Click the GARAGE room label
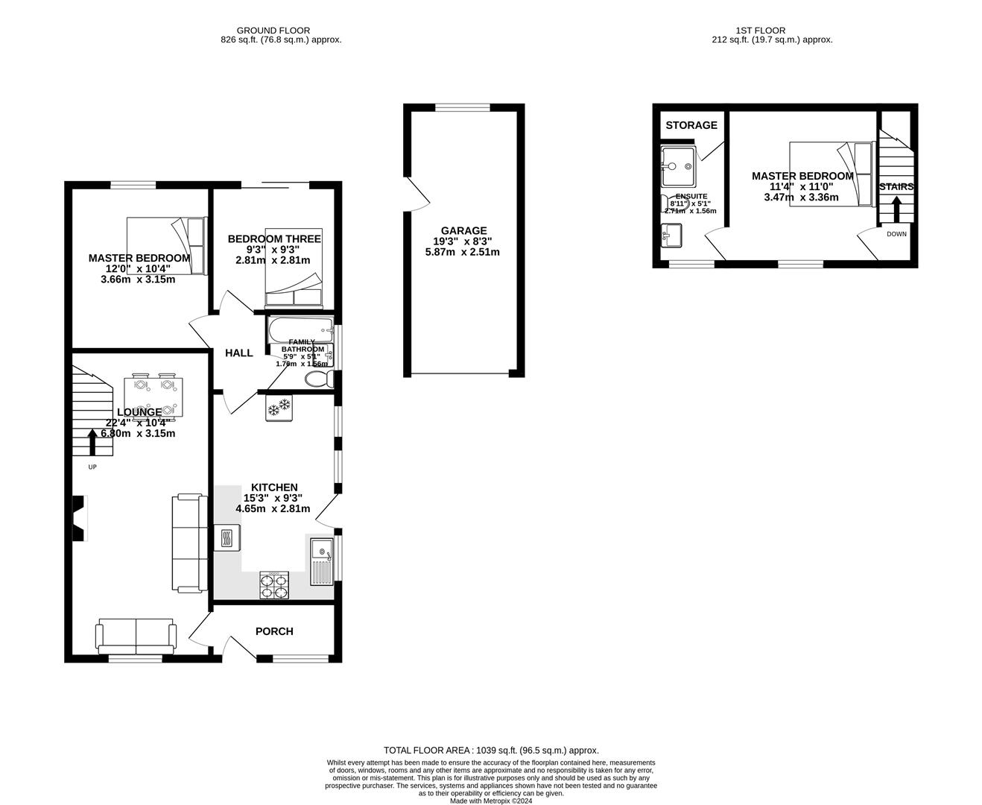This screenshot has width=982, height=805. pos(463,231)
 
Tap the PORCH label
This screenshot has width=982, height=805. pos(274,631)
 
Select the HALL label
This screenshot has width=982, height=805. pos(239,353)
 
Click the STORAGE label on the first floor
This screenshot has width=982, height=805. pos(691,125)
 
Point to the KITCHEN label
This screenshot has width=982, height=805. pos(274,487)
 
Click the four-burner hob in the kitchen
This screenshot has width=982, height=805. pos(274,585)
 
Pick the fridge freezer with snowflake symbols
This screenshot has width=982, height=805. pos(279,408)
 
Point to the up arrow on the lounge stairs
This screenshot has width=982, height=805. pos(92,442)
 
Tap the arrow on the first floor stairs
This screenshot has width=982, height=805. pos(896,209)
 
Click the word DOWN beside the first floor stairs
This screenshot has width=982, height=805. pos(897,234)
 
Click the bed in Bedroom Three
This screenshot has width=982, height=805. pos(294,268)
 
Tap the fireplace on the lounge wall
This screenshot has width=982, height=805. pos(78,519)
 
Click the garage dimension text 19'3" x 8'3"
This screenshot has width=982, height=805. pos(463,241)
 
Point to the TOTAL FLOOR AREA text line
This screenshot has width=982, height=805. pos(491,751)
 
